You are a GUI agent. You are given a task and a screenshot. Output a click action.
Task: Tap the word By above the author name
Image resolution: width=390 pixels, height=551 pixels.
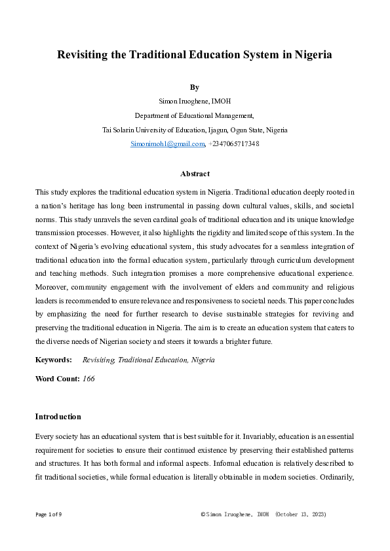click(194, 87)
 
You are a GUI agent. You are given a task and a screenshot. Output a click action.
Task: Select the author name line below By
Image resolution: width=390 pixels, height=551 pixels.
click(194, 100)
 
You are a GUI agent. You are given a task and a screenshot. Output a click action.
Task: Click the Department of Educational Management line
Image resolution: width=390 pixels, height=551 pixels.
click(194, 115)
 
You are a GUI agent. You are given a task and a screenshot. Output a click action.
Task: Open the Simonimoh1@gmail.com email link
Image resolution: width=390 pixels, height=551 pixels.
click(168, 143)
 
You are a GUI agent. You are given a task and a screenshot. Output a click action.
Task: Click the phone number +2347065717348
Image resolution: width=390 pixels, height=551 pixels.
click(234, 143)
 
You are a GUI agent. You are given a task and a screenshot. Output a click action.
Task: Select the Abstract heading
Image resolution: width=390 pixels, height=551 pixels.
click(194, 174)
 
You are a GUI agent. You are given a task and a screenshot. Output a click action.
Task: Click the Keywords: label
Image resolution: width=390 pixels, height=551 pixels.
click(53, 360)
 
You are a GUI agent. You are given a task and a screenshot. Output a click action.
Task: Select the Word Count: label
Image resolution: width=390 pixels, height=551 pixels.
click(57, 379)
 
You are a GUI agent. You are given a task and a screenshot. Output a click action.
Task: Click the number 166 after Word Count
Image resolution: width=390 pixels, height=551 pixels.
click(89, 379)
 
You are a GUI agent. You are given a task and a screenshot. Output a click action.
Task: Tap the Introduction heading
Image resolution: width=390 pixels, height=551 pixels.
click(58, 417)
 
